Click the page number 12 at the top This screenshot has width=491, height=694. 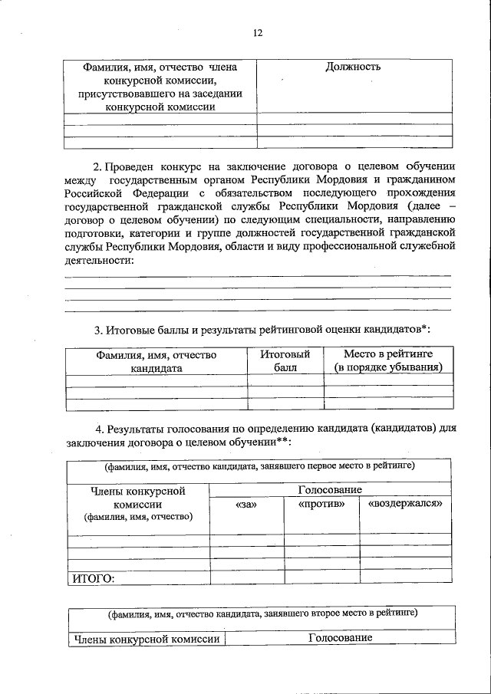point(258,33)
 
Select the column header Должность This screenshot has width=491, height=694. point(354,67)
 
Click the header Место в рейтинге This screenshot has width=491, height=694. point(389,361)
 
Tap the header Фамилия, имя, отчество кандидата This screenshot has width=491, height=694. point(156,361)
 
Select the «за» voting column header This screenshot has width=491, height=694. point(245,504)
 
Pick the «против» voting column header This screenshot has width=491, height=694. point(321,504)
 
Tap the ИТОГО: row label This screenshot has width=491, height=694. point(93,578)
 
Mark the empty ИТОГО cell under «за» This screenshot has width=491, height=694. point(245,578)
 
